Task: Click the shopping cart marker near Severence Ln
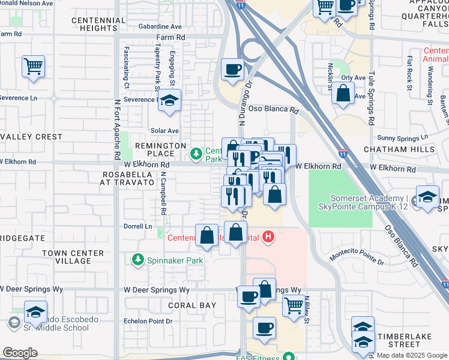[33, 66]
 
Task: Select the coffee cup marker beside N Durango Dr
[232, 68]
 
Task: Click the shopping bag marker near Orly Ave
[342, 94]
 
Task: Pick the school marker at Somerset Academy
[427, 197]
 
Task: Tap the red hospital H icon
[268, 238]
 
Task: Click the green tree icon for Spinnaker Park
[137, 260]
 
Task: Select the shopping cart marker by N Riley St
[293, 305]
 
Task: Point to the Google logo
[19, 353]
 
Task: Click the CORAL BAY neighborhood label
[191, 305]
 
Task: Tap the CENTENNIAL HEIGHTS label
[98, 25]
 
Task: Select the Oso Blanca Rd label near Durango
[274, 110]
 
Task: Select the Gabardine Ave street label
[160, 27]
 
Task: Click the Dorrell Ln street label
[137, 226]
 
